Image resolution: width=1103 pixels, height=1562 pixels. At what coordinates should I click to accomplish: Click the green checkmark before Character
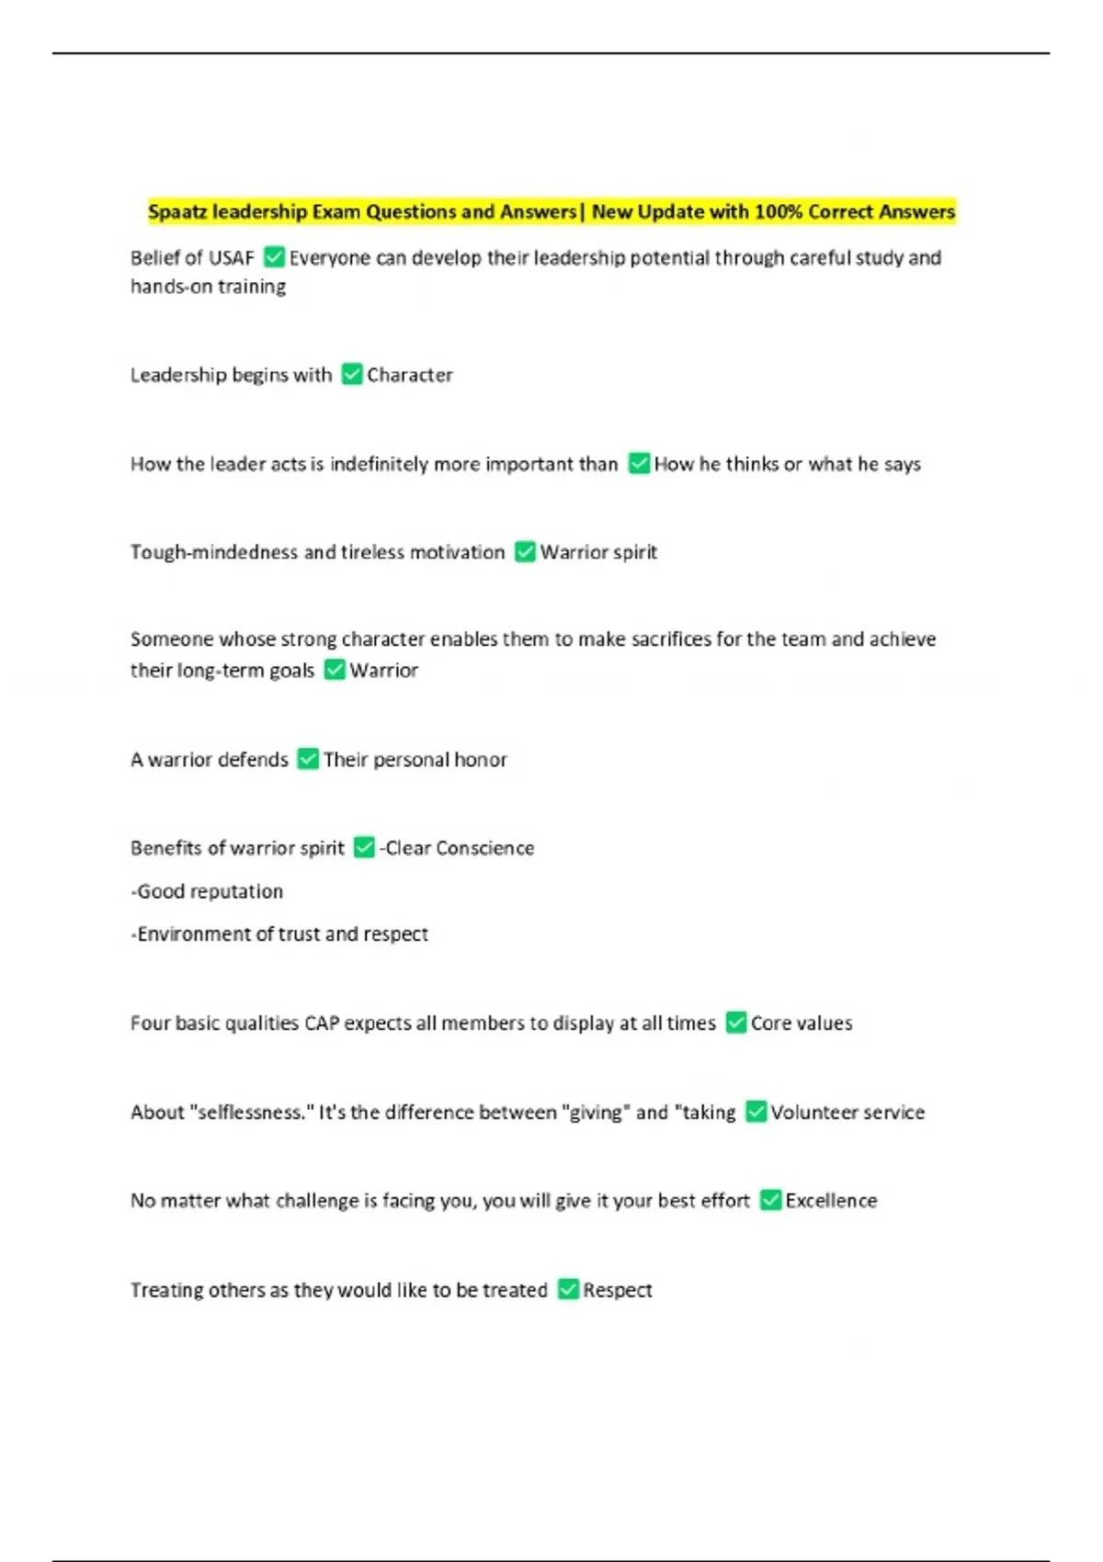tap(352, 374)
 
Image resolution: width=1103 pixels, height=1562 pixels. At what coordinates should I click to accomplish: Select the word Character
tap(410, 375)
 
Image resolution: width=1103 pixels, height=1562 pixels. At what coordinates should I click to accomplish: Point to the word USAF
tap(232, 258)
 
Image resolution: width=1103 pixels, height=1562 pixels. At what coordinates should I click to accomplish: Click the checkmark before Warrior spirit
tap(525, 551)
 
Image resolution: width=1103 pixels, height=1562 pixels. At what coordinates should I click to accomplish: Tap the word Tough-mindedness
tap(214, 552)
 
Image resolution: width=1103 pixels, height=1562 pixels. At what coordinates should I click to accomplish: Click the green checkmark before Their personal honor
tap(308, 759)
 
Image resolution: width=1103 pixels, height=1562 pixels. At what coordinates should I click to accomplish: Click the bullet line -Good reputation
tap(207, 891)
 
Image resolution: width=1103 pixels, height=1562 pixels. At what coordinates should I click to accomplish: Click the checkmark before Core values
tap(736, 1023)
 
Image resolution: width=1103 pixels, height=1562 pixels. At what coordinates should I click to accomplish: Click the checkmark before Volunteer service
tap(756, 1112)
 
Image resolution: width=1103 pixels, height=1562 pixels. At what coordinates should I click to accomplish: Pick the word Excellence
tap(831, 1201)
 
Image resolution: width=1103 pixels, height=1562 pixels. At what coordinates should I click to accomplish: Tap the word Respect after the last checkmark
tap(617, 1290)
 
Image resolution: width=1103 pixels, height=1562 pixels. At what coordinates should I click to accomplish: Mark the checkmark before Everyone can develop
tap(274, 257)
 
